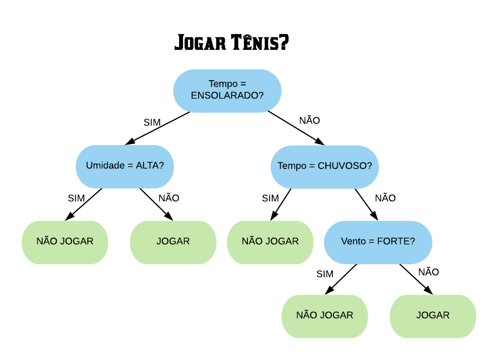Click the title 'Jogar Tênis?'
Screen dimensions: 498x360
232,42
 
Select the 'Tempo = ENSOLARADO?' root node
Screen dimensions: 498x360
227,91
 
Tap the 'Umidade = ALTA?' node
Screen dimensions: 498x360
125,167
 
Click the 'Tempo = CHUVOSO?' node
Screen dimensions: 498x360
325,167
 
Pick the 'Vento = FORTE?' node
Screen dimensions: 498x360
378,242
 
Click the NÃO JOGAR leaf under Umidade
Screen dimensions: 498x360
65,242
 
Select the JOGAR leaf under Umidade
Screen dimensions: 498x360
173,242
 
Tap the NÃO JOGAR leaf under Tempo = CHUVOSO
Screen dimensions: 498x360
270,242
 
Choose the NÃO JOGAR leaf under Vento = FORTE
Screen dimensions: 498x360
325,316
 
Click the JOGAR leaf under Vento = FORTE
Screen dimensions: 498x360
433,316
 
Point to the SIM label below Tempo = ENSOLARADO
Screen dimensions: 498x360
152,123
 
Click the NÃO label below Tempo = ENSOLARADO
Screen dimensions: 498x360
310,120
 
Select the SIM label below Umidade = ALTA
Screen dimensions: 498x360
76,198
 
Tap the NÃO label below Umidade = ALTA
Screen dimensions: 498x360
169,197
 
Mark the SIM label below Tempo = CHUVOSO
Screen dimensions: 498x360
270,198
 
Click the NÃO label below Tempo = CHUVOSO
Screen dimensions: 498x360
385,197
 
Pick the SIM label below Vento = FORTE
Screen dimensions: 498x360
325,274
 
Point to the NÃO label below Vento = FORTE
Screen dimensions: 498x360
429,271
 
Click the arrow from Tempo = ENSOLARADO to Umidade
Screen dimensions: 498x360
157,128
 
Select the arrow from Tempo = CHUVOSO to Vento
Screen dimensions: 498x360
366,205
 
